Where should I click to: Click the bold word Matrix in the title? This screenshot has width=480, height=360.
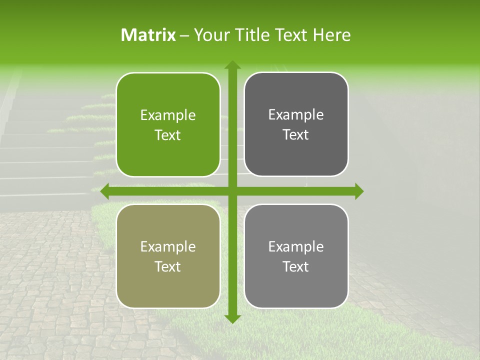tap(148, 35)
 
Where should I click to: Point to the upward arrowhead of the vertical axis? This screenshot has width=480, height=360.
tap(232, 65)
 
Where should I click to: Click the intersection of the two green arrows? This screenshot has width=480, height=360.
tap(232, 191)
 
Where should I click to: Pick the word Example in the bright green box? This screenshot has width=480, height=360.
tap(168, 115)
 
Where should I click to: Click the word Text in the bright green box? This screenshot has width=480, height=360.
tap(168, 135)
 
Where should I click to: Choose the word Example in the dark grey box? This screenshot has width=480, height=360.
tap(296, 115)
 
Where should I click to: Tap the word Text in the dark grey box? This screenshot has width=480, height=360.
tap(296, 135)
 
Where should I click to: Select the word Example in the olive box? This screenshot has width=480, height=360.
tap(168, 247)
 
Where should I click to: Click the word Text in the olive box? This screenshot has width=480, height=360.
tap(168, 267)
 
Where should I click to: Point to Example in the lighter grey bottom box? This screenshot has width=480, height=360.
tap(296, 247)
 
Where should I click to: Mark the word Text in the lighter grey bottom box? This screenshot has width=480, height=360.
tap(296, 267)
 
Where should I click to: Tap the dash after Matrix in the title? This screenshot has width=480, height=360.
tap(184, 35)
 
